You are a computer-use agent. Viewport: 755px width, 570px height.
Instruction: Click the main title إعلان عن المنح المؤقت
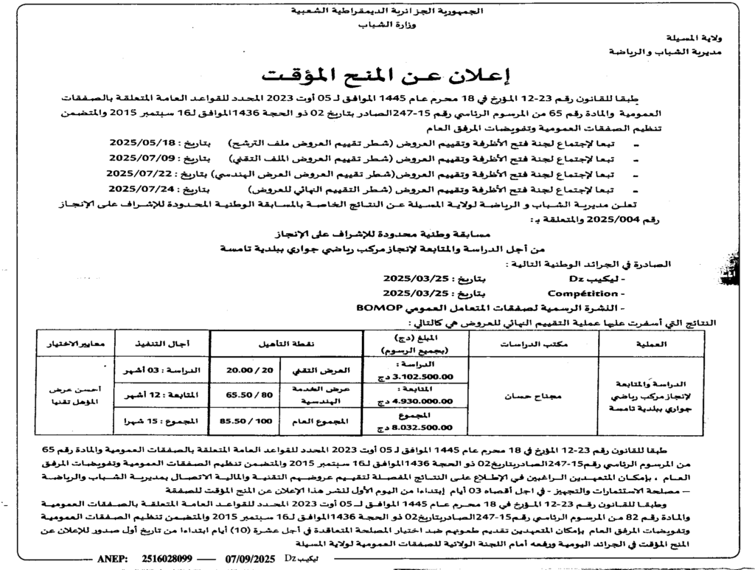(377, 75)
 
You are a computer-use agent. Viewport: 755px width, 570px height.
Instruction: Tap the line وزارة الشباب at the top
(377, 24)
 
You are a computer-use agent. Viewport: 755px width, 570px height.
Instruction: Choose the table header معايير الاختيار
(74, 344)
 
